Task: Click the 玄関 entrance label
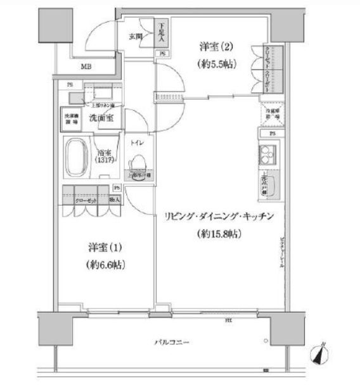tap(135, 37)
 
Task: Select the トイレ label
tap(137, 143)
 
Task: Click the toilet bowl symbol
tap(137, 164)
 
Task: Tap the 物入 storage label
tap(113, 199)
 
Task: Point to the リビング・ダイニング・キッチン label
tap(219, 217)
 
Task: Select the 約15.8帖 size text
tap(219, 234)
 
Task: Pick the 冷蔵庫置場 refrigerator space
tap(271, 115)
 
